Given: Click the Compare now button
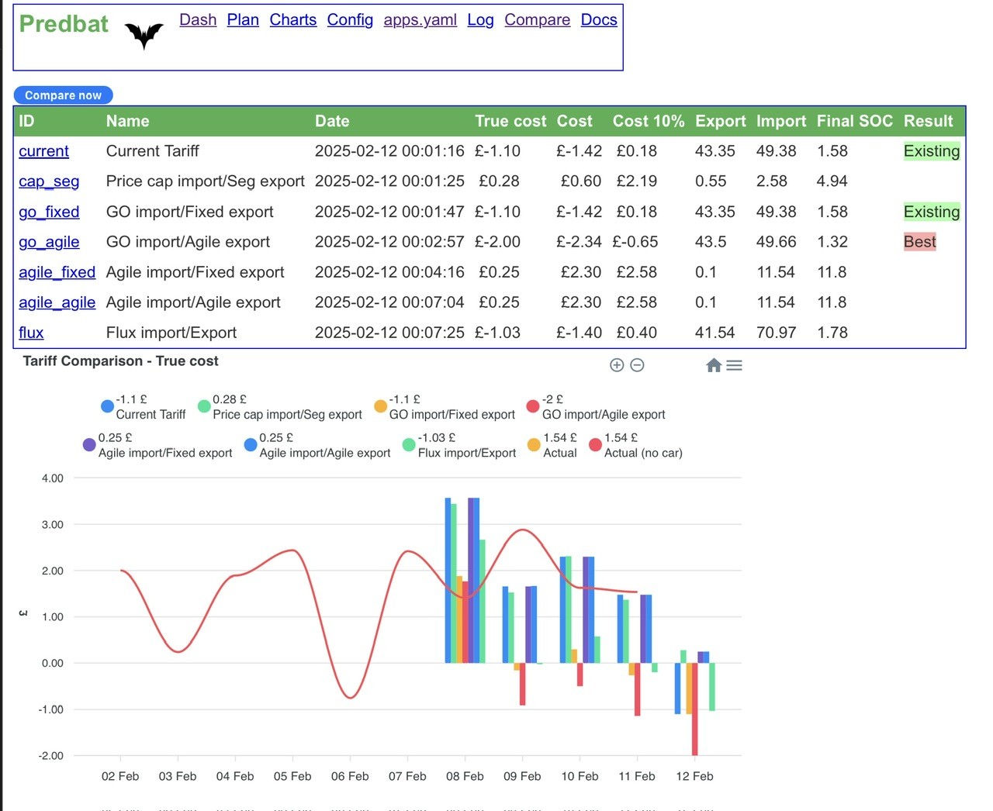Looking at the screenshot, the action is click(x=63, y=95).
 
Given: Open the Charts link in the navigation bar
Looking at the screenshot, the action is click(x=293, y=19).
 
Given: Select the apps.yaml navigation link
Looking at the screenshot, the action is click(x=420, y=19).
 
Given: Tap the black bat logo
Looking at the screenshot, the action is click(x=144, y=36).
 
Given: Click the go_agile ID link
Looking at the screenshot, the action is click(x=49, y=242).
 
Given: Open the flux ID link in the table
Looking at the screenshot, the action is click(x=31, y=333).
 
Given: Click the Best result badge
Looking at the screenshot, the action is click(x=919, y=241).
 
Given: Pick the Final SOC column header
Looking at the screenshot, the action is click(x=855, y=121).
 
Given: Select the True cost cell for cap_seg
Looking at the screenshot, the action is click(x=499, y=181).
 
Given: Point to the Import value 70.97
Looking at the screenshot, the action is click(x=776, y=333).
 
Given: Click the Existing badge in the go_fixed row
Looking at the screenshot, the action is click(x=931, y=212).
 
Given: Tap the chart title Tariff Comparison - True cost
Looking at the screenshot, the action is click(x=120, y=361).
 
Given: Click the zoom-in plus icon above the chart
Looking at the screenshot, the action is click(x=616, y=365).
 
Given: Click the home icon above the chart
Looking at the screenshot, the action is click(x=714, y=365).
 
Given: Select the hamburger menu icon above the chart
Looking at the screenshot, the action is click(x=734, y=365).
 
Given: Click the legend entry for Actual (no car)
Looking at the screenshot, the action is click(x=635, y=445).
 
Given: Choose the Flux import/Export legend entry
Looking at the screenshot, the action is click(x=459, y=445).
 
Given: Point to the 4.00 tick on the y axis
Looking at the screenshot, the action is click(x=52, y=478).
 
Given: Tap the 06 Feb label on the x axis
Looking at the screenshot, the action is click(x=350, y=776).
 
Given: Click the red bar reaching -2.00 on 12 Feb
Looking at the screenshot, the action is click(x=694, y=709).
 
